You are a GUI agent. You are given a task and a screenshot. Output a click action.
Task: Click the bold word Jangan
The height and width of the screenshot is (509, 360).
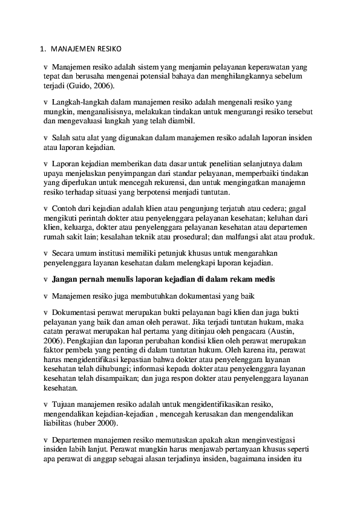pos(65,279)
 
